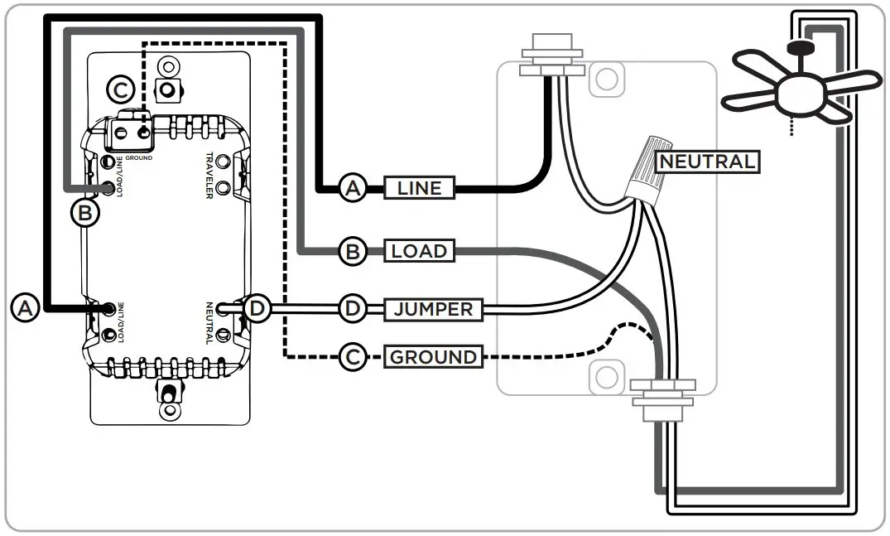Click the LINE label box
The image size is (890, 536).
(419, 189)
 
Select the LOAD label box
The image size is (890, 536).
(419, 251)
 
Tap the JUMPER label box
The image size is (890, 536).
(433, 310)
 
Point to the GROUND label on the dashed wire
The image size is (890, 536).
(433, 358)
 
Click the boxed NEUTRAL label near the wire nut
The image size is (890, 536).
(706, 161)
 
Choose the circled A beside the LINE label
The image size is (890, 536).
(352, 189)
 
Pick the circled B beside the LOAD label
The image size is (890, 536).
(352, 251)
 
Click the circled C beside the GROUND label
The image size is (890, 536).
(352, 358)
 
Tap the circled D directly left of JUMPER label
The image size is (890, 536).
(352, 310)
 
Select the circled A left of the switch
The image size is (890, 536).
(25, 307)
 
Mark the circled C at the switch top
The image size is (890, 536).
(121, 89)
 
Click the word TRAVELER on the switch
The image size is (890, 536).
(210, 176)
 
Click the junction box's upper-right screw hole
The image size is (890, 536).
(608, 79)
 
